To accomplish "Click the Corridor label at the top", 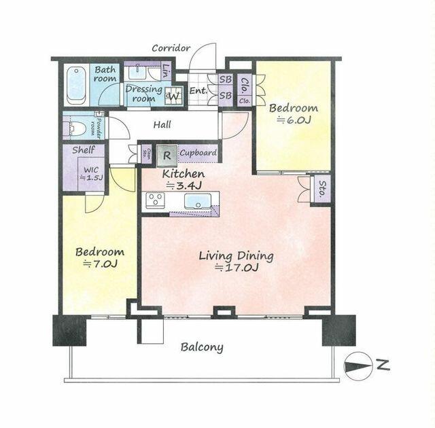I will [x=171, y=48].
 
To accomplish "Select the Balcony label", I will [x=202, y=347].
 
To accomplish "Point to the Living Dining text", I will [x=236, y=256].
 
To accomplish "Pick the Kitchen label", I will [x=183, y=174].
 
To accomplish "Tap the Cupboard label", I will [x=198, y=154].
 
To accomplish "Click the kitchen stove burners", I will [x=156, y=200].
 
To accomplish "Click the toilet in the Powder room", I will [x=75, y=126].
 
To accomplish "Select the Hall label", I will [x=162, y=124].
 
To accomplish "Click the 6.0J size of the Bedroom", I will [x=293, y=121].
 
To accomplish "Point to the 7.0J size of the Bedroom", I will [x=99, y=263].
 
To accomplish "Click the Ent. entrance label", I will [x=198, y=91].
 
